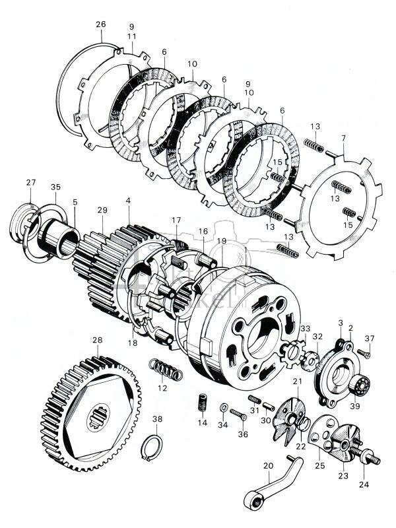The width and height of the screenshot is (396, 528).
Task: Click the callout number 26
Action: pyautogui.click(x=100, y=24)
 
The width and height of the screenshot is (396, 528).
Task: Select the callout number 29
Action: pyautogui.click(x=102, y=210)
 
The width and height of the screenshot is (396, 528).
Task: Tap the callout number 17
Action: pyautogui.click(x=176, y=220)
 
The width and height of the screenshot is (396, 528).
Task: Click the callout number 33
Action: pyautogui.click(x=305, y=328)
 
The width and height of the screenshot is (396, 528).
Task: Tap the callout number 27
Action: pyautogui.click(x=31, y=182)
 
